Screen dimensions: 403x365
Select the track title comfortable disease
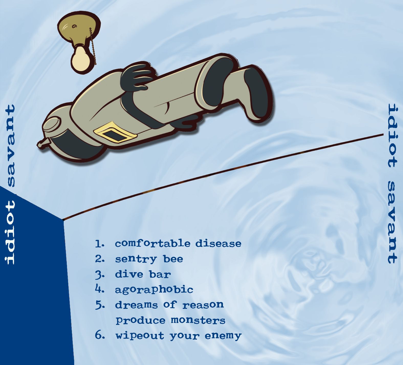178,243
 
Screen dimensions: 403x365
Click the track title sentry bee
149,259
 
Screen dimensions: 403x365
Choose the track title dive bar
143,274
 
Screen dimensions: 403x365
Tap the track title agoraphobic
154,289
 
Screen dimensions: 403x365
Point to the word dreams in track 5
136,305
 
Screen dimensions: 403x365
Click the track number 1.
100,244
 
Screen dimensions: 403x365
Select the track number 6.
100,335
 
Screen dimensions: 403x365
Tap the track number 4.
100,289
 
